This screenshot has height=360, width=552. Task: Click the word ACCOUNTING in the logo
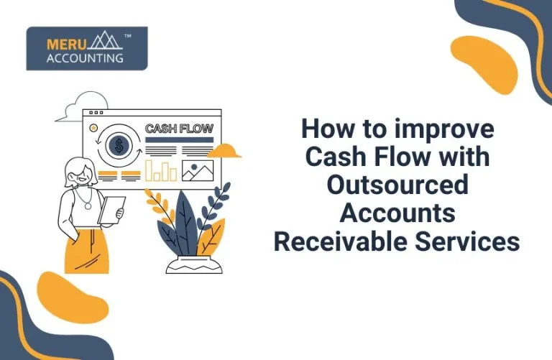click(x=85, y=58)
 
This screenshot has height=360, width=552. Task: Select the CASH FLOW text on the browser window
click(x=179, y=129)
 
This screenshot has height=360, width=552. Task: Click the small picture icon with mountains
click(x=199, y=170)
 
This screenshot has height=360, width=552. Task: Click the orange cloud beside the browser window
click(x=228, y=151)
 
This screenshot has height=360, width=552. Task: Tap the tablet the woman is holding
click(x=111, y=210)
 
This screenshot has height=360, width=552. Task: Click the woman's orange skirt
click(x=87, y=251)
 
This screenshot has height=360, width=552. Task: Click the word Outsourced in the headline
click(x=397, y=185)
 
